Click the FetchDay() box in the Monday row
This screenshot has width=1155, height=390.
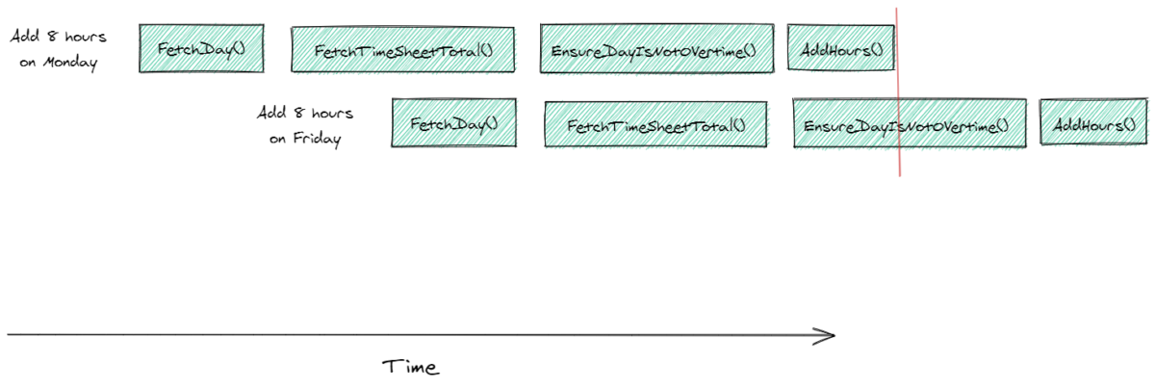coord(201,48)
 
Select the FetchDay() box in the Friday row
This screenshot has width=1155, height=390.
coord(453,123)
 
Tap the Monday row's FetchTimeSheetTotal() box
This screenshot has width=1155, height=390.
coord(402,49)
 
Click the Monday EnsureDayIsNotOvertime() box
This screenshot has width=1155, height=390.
coord(656,48)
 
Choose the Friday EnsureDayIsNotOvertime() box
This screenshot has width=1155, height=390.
coord(907,124)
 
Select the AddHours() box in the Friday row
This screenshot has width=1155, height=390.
coord(1093,124)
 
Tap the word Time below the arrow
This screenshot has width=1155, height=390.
coord(411,367)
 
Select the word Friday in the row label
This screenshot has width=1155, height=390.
coord(318,139)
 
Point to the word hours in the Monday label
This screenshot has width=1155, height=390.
coord(84,37)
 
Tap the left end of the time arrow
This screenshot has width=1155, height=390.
coord(10,335)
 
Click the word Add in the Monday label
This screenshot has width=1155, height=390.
coord(24,37)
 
